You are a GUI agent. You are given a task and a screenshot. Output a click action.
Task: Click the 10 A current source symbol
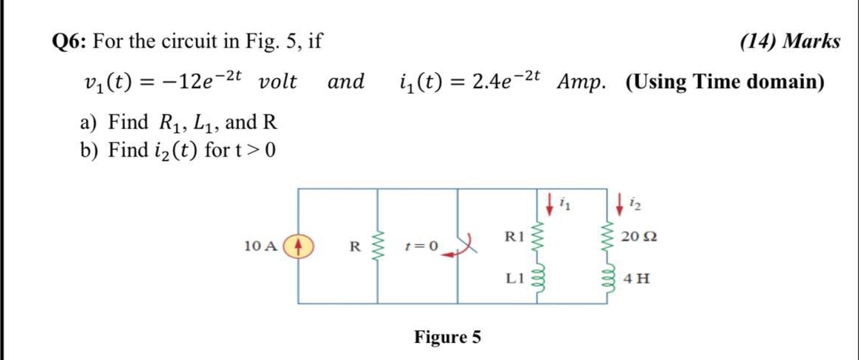pyautogui.click(x=299, y=245)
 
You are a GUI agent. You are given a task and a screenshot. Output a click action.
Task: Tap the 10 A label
pyautogui.click(x=261, y=246)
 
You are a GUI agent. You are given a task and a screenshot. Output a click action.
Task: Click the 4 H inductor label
pyautogui.click(x=637, y=280)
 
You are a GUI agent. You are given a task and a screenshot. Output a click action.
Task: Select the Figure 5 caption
pyautogui.click(x=447, y=338)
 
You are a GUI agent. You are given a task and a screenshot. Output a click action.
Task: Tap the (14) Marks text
pyautogui.click(x=790, y=41)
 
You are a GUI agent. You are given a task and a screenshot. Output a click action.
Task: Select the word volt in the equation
pyautogui.click(x=278, y=82)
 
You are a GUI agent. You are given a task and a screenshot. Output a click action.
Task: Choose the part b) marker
pyautogui.click(x=90, y=150)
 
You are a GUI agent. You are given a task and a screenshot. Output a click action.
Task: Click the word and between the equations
pyautogui.click(x=346, y=82)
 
